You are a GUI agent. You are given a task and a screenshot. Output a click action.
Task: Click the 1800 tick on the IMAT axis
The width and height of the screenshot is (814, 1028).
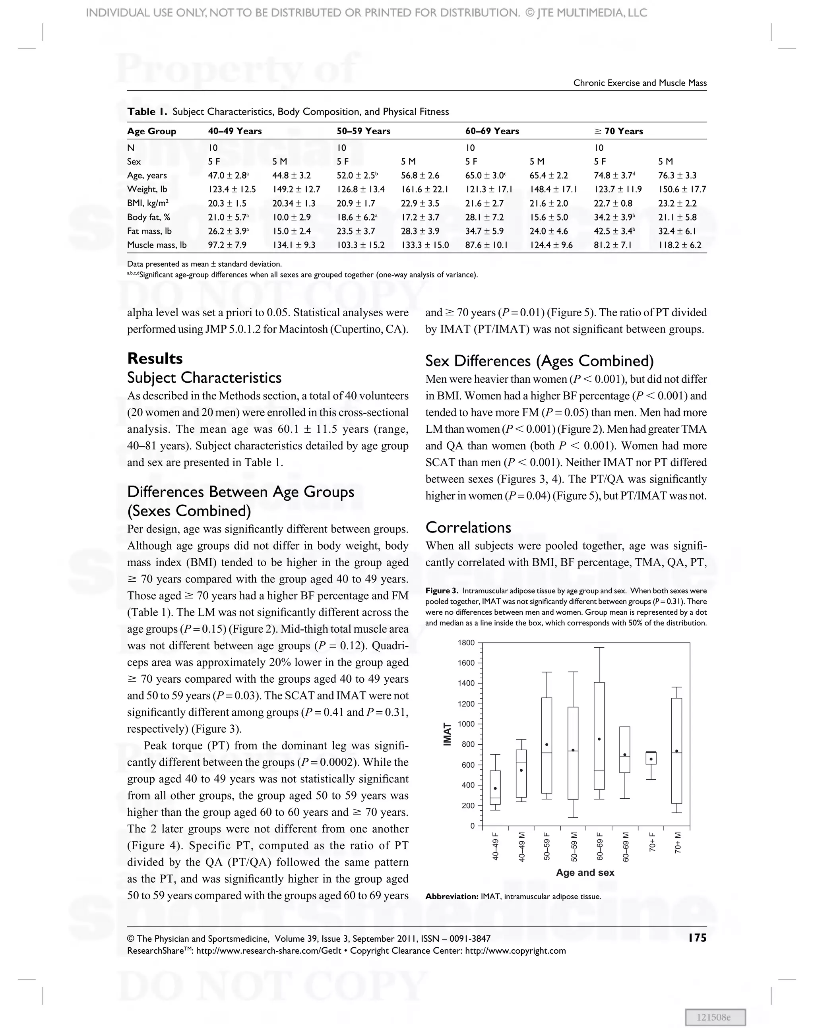[466, 643]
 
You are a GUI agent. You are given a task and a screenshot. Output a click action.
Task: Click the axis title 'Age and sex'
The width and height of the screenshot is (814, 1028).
[585, 872]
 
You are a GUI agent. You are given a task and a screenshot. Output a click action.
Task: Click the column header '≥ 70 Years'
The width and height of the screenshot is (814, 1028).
[618, 131]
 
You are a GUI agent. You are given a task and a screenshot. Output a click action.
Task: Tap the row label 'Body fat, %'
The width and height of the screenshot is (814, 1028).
[149, 217]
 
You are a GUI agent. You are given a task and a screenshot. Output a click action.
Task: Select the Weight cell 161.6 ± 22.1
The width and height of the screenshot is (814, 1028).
[424, 189]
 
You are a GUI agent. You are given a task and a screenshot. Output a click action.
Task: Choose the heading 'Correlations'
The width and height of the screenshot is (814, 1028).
[468, 527]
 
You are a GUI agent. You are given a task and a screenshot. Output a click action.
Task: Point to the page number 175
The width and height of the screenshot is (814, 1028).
[697, 938]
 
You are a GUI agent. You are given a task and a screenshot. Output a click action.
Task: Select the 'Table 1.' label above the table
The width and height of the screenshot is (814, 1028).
[147, 112]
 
